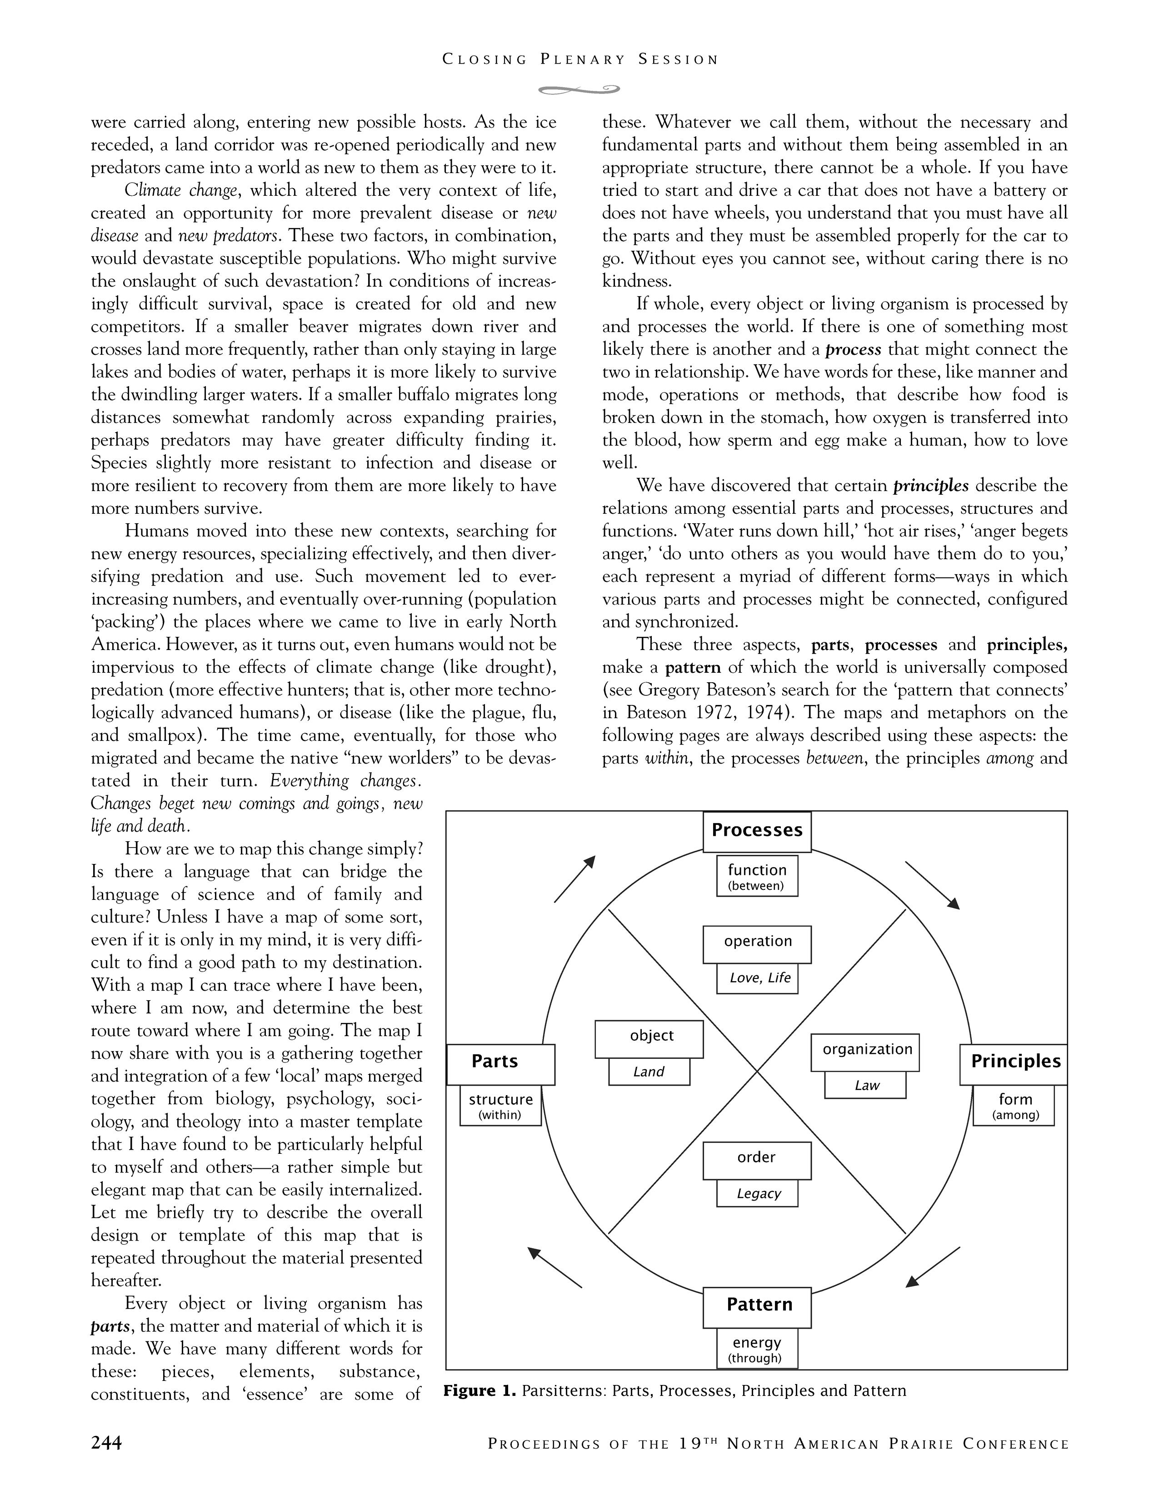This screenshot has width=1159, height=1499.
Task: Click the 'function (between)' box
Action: coord(757,876)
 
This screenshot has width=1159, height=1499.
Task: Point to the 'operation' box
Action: coord(757,944)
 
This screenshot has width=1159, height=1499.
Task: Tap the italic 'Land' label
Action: coord(649,1072)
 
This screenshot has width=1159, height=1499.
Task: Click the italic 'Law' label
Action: coord(865,1086)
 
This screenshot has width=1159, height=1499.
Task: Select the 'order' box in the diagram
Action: coord(757,1161)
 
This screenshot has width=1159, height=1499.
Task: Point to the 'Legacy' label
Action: coord(758,1194)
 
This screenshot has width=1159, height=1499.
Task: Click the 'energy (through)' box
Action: coord(757,1349)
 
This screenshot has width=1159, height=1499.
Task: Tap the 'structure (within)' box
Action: coord(500,1106)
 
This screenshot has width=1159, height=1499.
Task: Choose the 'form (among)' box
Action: coord(1014,1106)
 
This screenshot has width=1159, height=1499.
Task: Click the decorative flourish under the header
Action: coord(579,89)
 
